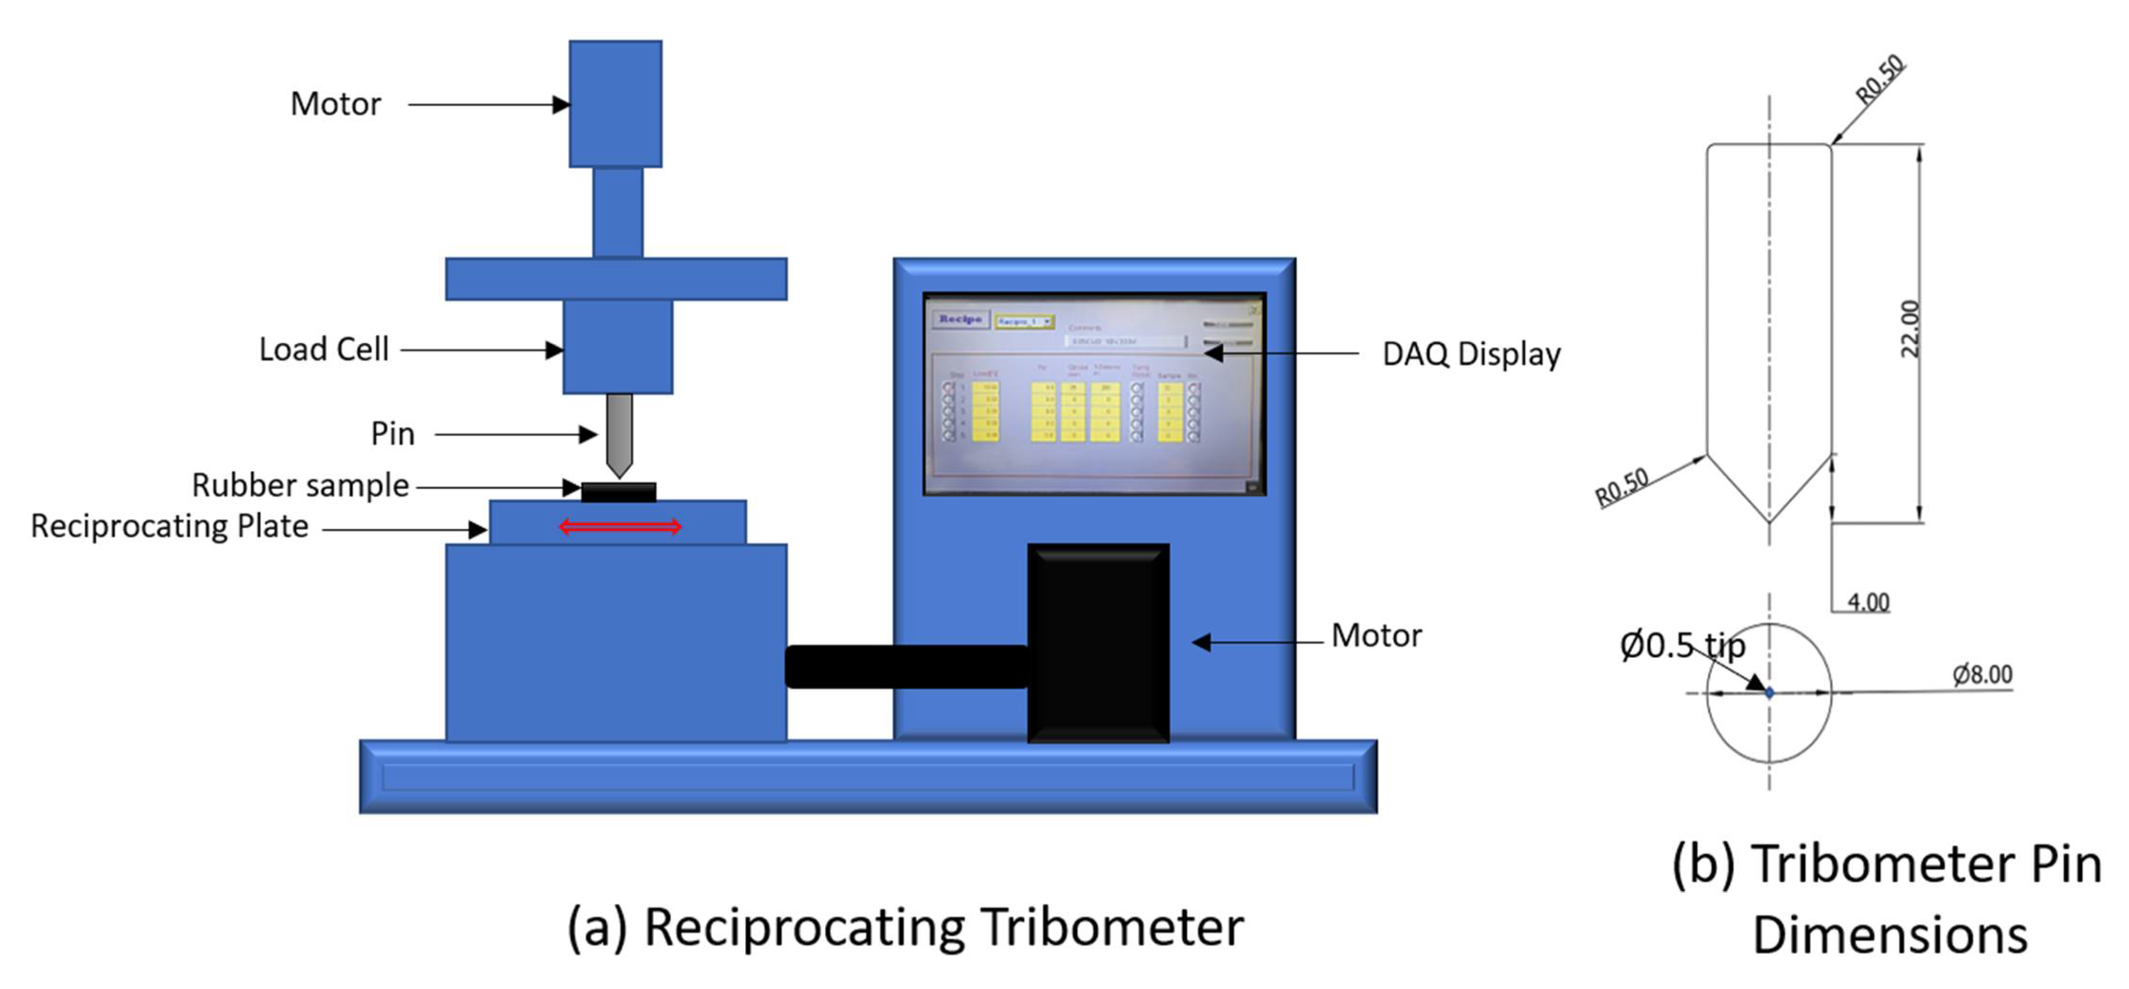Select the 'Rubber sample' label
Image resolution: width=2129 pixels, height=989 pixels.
click(x=300, y=485)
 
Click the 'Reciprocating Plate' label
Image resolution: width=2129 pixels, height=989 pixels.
click(x=169, y=527)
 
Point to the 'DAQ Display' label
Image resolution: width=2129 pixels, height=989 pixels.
click(x=1471, y=354)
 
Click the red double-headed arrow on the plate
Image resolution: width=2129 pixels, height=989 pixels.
click(x=620, y=526)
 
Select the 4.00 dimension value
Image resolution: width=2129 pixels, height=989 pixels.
click(x=1868, y=602)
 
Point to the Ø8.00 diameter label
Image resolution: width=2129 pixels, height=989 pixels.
click(x=1982, y=675)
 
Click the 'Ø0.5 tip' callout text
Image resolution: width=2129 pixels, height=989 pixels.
click(x=1682, y=645)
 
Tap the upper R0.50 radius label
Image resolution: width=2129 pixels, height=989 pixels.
click(x=1880, y=78)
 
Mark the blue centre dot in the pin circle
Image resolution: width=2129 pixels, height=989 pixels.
click(x=1768, y=693)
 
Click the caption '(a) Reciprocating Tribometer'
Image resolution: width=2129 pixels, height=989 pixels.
click(x=905, y=927)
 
